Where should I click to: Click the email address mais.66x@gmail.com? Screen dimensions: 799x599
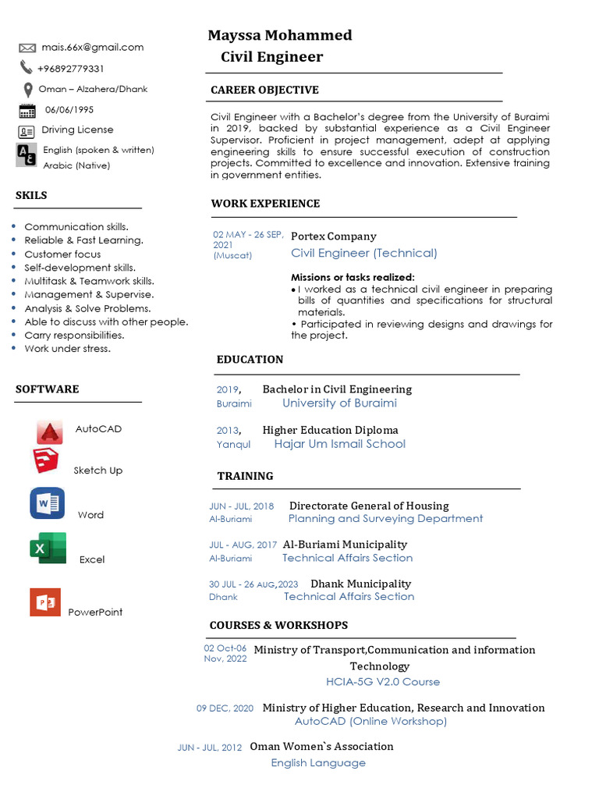point(93,48)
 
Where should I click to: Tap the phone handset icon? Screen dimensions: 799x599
point(27,68)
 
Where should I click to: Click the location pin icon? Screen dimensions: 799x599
point(28,89)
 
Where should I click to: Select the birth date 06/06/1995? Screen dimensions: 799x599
point(69,110)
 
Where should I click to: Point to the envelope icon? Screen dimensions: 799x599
point(27,48)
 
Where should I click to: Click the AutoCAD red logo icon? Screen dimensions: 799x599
point(50,431)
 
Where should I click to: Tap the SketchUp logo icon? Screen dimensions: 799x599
point(46,461)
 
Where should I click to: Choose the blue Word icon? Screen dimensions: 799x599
point(47,503)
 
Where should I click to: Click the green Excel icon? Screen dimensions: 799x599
point(48,549)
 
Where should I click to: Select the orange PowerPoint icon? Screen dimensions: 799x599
point(44,602)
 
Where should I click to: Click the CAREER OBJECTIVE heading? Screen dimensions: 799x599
point(264,90)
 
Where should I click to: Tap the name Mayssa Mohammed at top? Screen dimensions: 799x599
point(279,35)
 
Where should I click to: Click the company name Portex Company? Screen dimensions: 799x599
point(333,236)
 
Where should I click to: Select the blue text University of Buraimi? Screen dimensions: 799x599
point(339,403)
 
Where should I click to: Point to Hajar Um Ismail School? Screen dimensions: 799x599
point(339,444)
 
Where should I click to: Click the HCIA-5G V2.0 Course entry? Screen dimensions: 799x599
point(382,682)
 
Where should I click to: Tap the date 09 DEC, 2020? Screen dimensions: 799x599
point(225,708)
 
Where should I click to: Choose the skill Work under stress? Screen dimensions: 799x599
point(68,349)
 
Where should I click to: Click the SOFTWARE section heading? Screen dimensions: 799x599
point(47,389)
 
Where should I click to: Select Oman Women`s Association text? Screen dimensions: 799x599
point(321,747)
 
